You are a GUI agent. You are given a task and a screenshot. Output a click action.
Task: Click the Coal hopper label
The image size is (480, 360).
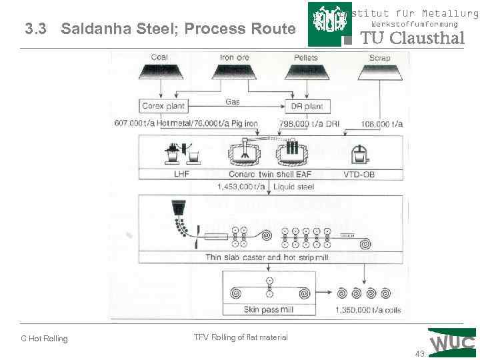(x=159, y=57)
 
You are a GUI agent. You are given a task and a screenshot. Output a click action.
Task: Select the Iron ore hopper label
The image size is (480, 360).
(x=234, y=57)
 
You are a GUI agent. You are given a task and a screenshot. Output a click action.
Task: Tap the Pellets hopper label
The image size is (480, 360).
(x=306, y=57)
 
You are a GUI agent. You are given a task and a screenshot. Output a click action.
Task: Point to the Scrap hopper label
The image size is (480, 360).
(x=379, y=58)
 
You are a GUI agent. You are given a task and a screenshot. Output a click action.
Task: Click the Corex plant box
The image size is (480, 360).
(x=164, y=106)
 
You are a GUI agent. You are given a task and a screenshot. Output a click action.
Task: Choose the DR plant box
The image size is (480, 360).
(x=307, y=106)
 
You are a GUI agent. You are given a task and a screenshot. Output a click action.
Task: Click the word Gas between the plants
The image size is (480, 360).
(x=232, y=102)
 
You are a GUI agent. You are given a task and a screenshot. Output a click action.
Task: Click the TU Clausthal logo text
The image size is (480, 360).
(x=412, y=38)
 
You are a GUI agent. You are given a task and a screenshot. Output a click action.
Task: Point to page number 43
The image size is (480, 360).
(x=419, y=353)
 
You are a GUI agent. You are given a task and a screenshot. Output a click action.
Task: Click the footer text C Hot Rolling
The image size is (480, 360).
(x=44, y=339)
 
